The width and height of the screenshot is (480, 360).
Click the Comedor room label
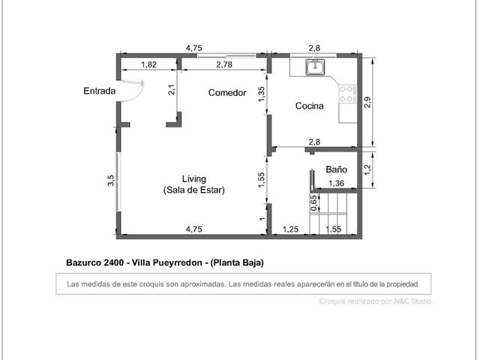227,93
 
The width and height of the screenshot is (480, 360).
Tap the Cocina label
309,106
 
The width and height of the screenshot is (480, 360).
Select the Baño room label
337,169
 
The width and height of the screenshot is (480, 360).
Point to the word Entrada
100,91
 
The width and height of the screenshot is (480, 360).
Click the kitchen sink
316,67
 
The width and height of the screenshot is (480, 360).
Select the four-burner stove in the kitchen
348,94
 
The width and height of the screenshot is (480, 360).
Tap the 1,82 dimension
148,64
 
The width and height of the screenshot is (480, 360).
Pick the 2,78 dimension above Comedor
224,64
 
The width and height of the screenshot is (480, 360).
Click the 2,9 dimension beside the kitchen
367,102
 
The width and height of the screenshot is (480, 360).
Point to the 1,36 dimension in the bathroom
336,183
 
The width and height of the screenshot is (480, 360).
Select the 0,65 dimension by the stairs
313,203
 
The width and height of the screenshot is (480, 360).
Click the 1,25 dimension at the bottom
290,229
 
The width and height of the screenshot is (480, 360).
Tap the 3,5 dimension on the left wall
111,180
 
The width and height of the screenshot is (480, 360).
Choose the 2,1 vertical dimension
172,90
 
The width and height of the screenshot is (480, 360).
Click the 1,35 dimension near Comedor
262,94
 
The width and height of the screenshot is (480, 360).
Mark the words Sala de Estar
194,190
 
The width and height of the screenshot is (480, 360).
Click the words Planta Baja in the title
237,262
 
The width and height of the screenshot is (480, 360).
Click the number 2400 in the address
113,262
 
